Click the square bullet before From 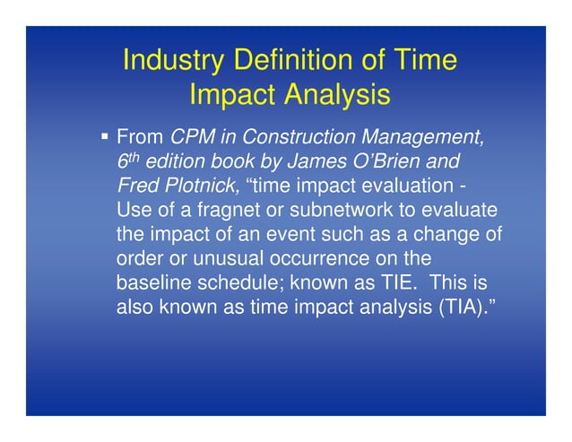[105, 137]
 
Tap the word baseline [152, 282]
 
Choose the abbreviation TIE [395, 282]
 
